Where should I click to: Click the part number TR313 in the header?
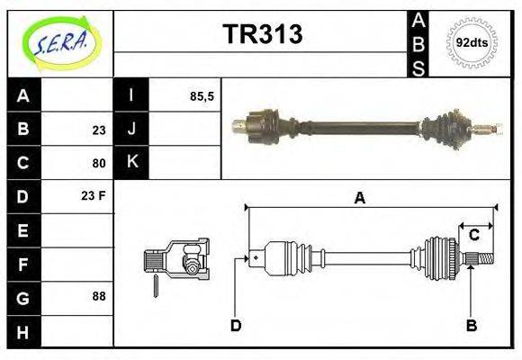coord(262,34)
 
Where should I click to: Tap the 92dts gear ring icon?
coord(472,42)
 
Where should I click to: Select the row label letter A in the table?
coord(24,95)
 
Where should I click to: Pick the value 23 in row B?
coord(98,130)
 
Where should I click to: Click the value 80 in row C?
coord(98,164)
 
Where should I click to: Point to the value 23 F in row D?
coord(94,195)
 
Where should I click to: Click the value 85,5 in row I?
coord(202,95)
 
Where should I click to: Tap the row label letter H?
coord(24,332)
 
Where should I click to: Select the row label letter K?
coord(131,163)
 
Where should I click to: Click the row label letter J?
coord(131,130)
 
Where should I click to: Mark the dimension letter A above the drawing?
coord(359,198)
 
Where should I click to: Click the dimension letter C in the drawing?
coord(473,235)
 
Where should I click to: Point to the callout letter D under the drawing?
coord(235,325)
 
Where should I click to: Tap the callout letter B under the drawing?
coord(471,325)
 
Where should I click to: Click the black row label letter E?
coord(24,230)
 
